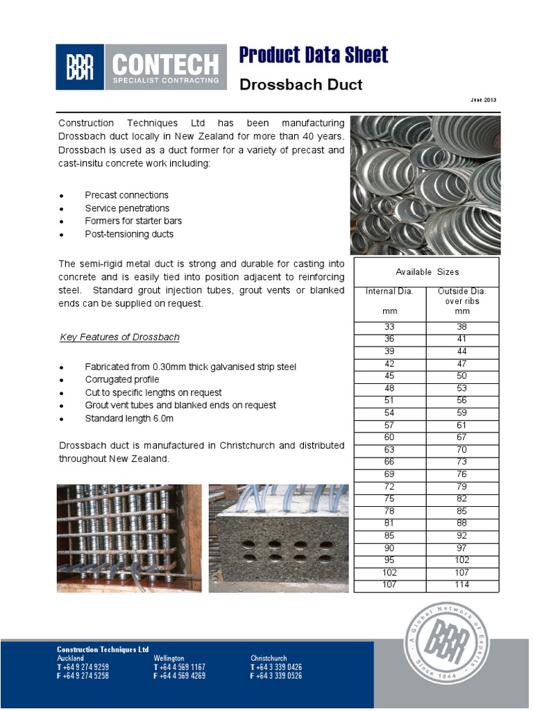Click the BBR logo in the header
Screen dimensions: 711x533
pos(80,67)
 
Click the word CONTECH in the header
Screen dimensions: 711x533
pos(165,65)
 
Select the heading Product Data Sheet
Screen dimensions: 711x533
pos(313,55)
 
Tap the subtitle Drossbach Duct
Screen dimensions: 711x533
pos(301,85)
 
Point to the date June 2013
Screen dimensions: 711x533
pos(484,100)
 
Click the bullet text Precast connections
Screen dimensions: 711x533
pos(126,195)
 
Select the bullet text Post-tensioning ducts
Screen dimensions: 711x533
pos(129,234)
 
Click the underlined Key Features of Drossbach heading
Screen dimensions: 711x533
pos(119,337)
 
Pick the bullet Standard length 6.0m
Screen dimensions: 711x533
pos(129,419)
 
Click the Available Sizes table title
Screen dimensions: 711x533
pos(427,271)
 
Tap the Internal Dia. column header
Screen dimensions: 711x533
pos(389,292)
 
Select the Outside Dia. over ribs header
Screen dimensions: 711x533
pos(462,301)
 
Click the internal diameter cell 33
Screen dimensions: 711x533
pos(389,328)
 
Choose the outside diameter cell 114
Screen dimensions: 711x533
pos(462,585)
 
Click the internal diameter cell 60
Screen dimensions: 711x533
pos(389,437)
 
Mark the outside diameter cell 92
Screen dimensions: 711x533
pos(462,536)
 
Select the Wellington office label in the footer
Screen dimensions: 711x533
pos(169,658)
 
